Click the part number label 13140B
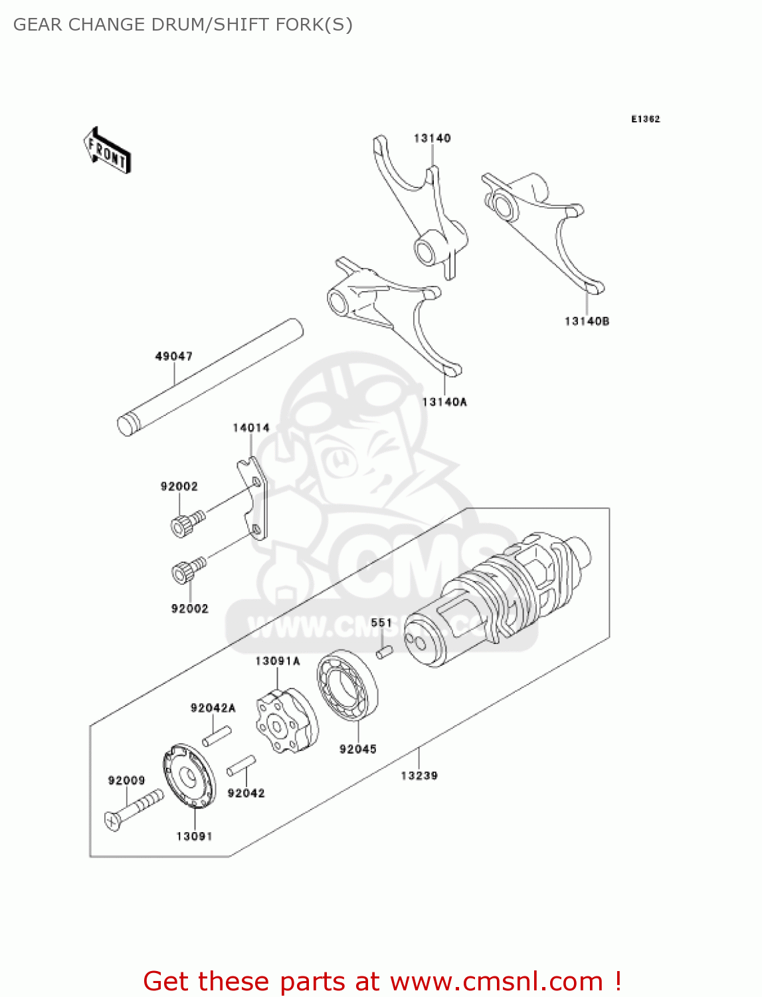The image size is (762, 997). pyautogui.click(x=587, y=321)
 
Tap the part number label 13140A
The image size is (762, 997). pyautogui.click(x=444, y=401)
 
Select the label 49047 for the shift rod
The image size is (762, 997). pyautogui.click(x=173, y=356)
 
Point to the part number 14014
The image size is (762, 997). pyautogui.click(x=250, y=427)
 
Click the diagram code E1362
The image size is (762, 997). pyautogui.click(x=645, y=119)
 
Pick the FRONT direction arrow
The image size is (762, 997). pyautogui.click(x=107, y=151)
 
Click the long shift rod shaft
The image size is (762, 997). pyautogui.click(x=209, y=377)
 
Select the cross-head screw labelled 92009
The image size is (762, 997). pyautogui.click(x=133, y=809)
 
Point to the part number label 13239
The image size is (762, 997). pyautogui.click(x=419, y=775)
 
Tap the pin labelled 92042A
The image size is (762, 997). pyautogui.click(x=217, y=736)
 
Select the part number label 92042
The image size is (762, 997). pyautogui.click(x=246, y=793)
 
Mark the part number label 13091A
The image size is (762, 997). pyautogui.click(x=277, y=661)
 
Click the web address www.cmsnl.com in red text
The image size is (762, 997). pyautogui.click(x=496, y=981)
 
